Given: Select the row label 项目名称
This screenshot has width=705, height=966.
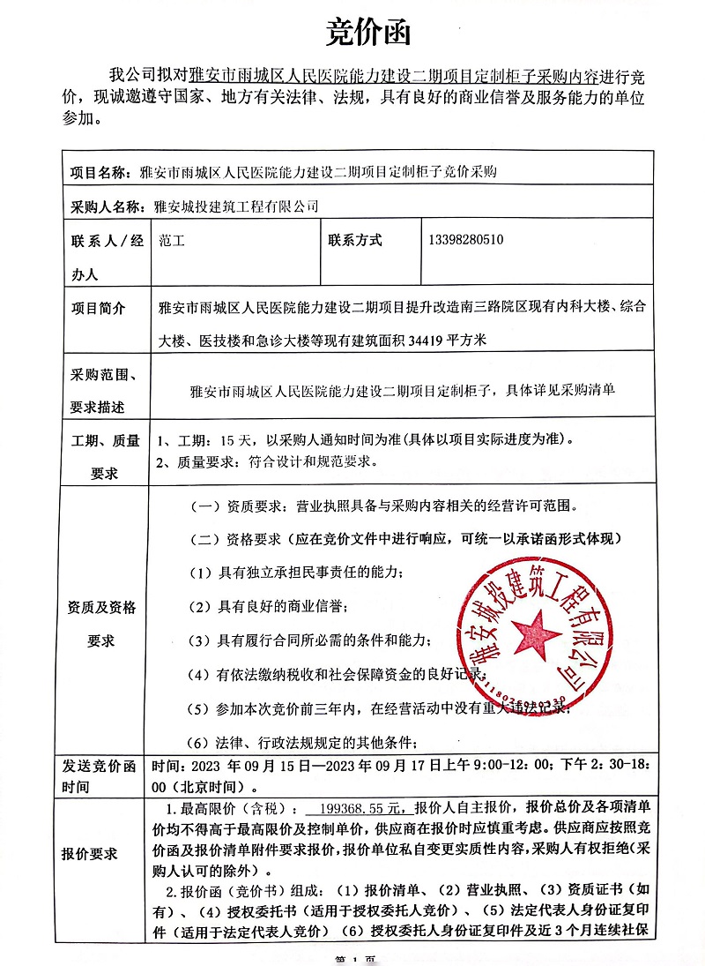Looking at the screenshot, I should [x=100, y=171].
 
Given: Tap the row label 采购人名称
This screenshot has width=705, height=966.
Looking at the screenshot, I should [x=106, y=207].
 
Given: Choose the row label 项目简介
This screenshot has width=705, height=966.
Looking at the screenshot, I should [x=98, y=309].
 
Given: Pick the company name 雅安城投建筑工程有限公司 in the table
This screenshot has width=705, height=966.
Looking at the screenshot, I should [x=235, y=207].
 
